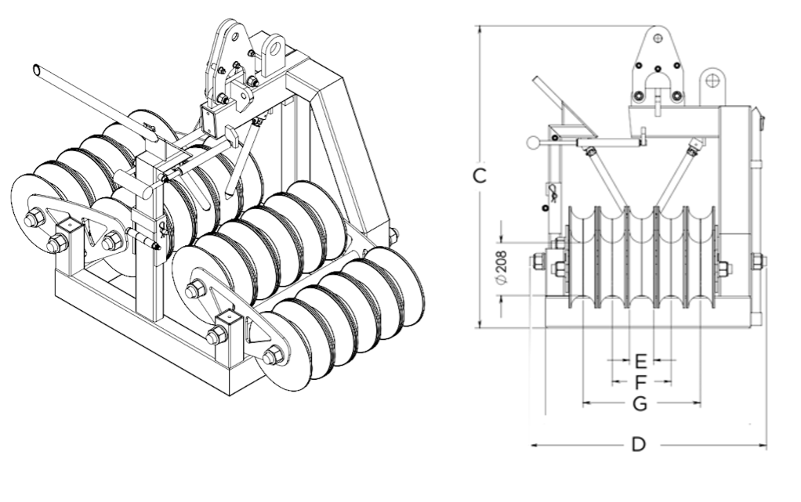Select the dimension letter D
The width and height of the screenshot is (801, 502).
[x=639, y=445]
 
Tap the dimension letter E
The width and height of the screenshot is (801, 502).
[x=640, y=360]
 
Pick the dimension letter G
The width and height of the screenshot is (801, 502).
[x=640, y=403]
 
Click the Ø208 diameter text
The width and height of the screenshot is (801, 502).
[x=501, y=267]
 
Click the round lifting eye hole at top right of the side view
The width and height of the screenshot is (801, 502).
[x=712, y=80]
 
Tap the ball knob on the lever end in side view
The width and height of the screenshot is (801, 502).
[x=533, y=143]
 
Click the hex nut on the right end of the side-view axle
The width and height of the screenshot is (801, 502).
[x=757, y=261]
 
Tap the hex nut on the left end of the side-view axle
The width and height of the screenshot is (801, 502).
[x=539, y=262]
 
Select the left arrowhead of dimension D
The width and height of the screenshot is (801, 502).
[x=535, y=445]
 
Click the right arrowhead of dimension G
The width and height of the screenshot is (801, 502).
[x=698, y=403]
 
